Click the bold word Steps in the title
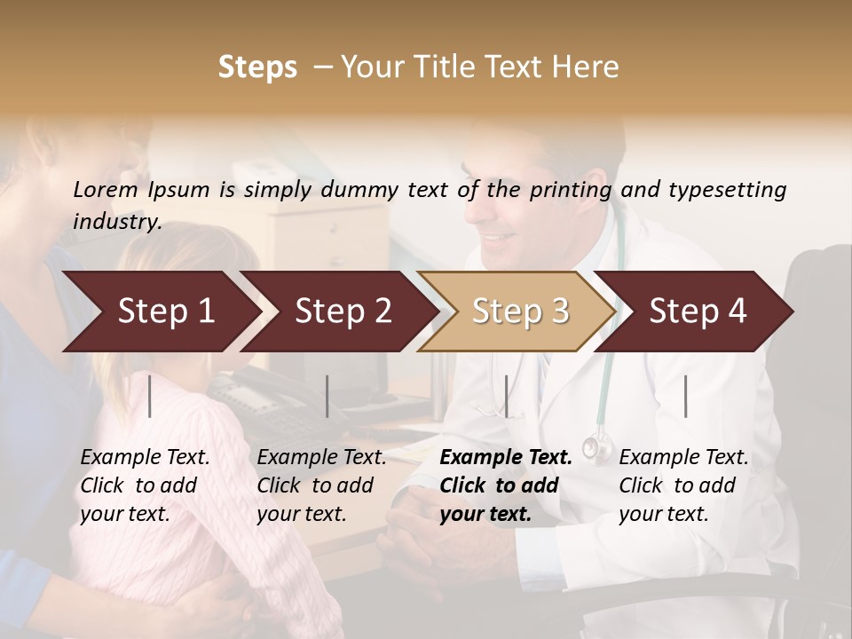[x=257, y=67]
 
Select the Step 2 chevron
[x=343, y=312]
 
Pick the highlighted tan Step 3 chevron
[x=520, y=312]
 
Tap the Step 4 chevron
[x=698, y=312]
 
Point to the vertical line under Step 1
[x=150, y=396]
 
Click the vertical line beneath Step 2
[x=327, y=396]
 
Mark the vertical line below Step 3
[x=506, y=396]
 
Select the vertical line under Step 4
[x=685, y=396]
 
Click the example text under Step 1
[x=145, y=485]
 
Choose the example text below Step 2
[x=321, y=485]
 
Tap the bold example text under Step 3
[x=506, y=485]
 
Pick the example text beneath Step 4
[x=683, y=485]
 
